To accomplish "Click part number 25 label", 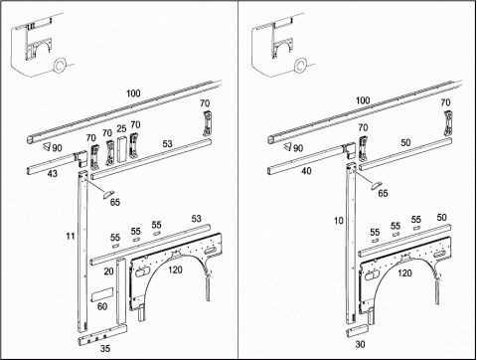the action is (x=121, y=128).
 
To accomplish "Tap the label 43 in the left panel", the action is (x=53, y=173).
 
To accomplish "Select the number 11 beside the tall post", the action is (x=71, y=236).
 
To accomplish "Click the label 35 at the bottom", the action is (x=105, y=348).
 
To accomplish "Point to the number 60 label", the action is (x=102, y=306).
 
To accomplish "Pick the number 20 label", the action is (x=109, y=271).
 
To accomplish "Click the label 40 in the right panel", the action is (x=306, y=171).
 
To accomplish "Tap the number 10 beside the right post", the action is (x=339, y=221).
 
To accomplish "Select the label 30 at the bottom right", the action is (x=360, y=344).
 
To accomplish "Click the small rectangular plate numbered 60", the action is (x=101, y=294).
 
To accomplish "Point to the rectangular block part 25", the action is (x=121, y=149).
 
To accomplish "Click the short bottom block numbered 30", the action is (x=358, y=331).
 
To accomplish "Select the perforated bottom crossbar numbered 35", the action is (x=102, y=335).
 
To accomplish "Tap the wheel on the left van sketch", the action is (x=59, y=65).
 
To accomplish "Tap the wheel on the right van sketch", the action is (x=300, y=65).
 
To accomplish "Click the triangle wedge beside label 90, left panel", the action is (x=46, y=146).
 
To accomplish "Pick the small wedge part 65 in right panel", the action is (x=376, y=185).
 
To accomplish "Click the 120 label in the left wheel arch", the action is (x=175, y=270).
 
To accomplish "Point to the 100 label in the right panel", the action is (x=363, y=100).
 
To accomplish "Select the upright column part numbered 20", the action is (x=121, y=291).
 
